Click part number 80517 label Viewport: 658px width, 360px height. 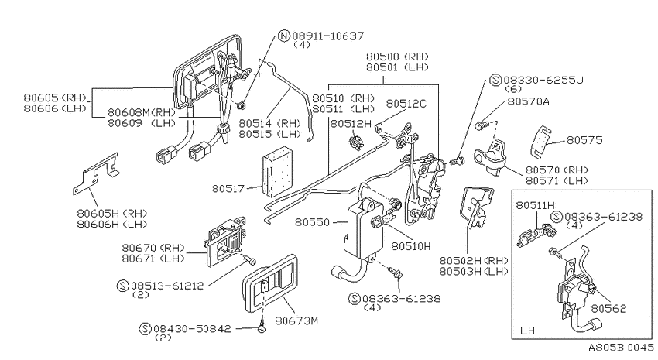pos(228,188)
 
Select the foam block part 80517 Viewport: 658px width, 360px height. pos(277,171)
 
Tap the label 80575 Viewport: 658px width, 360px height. pos(584,139)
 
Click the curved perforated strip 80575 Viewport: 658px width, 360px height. pos(540,142)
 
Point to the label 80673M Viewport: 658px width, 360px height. pos(296,321)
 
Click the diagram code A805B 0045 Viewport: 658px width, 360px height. pos(621,348)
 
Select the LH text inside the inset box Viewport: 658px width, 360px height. pos(527,331)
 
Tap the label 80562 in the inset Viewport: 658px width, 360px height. pos(608,309)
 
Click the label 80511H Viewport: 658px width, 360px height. pos(536,205)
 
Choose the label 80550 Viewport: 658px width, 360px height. pos(312,222)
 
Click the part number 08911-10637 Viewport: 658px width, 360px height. pos(328,36)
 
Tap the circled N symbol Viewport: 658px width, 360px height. pos(285,36)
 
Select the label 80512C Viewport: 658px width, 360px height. pos(406,104)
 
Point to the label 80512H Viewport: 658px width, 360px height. pos(351,124)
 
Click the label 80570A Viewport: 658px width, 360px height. pos(528,101)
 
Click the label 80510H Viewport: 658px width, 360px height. pos(411,246)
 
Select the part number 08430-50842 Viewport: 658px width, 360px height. pos(192,328)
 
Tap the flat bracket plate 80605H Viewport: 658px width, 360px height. pos(96,173)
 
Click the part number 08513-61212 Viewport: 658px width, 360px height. pos(167,286)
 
